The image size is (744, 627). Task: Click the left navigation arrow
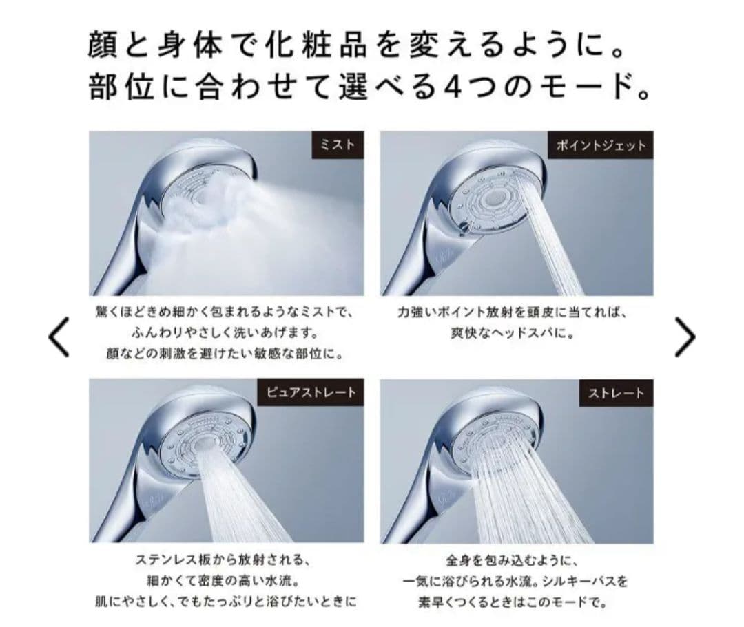tap(59, 337)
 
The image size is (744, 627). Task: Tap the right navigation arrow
tap(685, 337)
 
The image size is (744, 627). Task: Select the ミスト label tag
tap(338, 145)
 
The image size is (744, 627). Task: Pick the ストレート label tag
tap(616, 393)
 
